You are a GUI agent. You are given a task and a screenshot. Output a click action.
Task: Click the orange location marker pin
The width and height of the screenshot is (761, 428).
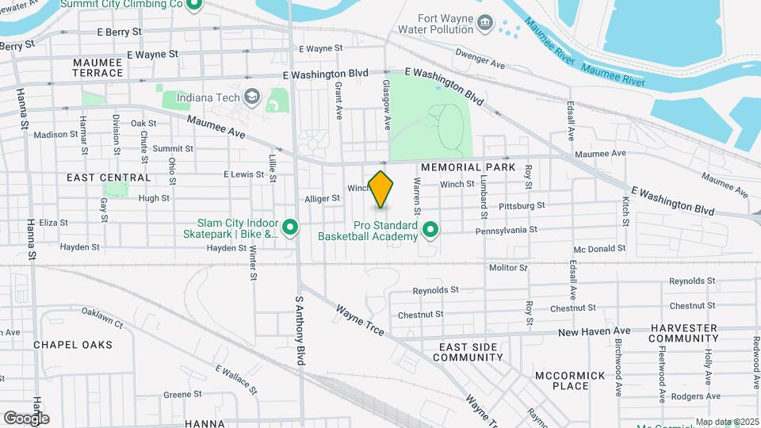(381, 189)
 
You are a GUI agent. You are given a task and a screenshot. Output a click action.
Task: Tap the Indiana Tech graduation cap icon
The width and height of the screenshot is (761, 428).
(252, 97)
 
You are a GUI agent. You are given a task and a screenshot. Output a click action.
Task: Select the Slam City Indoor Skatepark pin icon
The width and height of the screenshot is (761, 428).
(290, 228)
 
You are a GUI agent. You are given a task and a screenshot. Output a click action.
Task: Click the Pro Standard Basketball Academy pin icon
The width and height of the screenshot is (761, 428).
(431, 230)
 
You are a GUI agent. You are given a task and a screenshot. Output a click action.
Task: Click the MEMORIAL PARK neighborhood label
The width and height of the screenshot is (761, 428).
(468, 168)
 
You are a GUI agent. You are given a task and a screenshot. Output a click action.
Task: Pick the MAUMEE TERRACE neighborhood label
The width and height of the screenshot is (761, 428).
(98, 67)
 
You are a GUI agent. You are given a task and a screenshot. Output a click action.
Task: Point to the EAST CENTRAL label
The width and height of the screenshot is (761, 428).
(109, 178)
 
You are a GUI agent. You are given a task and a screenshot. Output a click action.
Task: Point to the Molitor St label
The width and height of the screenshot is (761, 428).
(508, 269)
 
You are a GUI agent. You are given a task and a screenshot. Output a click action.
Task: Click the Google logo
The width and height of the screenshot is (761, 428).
(26, 418)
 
